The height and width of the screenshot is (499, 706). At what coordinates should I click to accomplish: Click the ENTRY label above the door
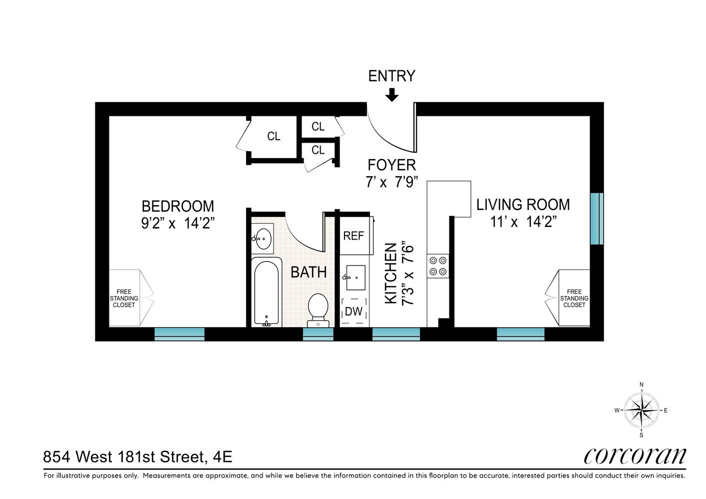tap(391, 76)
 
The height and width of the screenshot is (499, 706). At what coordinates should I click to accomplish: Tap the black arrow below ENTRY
tap(392, 95)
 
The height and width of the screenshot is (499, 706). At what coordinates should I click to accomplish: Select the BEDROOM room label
tap(178, 206)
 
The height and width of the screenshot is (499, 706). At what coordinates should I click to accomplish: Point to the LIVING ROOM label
tap(523, 205)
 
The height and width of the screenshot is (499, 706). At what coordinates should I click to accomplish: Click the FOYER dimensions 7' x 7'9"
tap(391, 182)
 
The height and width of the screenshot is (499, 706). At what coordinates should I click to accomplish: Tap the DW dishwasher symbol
tap(354, 311)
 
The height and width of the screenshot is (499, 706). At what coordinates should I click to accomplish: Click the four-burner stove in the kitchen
tap(438, 266)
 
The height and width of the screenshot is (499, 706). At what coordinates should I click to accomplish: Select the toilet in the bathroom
tap(318, 308)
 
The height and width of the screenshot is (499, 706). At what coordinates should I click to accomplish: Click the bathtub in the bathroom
tap(266, 292)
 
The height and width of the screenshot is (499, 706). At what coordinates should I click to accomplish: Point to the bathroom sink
tap(263, 239)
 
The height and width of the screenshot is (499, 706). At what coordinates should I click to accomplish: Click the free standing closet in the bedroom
tap(125, 298)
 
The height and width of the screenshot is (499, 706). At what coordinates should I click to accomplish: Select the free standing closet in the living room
tap(573, 298)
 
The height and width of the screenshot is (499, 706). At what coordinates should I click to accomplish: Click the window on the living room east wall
tap(597, 219)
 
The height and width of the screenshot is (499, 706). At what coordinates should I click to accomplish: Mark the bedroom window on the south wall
tap(179, 334)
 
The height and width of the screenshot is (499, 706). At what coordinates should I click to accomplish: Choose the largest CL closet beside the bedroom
tap(273, 137)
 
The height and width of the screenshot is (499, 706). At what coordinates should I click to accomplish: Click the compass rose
tap(642, 410)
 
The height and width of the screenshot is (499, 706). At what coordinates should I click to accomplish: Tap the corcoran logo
tap(635, 456)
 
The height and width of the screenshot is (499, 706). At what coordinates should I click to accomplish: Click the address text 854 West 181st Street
tap(137, 457)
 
